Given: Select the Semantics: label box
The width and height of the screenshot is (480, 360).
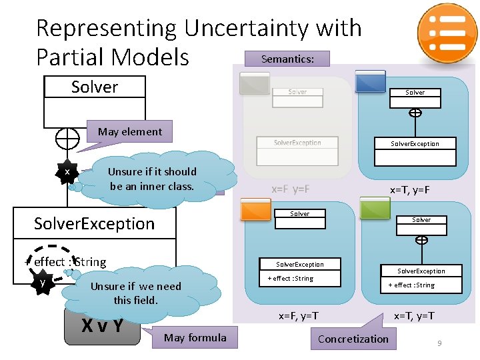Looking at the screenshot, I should [287, 59].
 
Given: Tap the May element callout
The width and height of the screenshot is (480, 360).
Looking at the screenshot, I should [129, 131].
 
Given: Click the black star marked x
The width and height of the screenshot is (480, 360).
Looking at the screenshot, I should [67, 173].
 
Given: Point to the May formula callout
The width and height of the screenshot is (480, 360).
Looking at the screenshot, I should [195, 337].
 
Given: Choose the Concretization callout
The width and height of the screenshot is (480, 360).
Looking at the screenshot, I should [353, 339].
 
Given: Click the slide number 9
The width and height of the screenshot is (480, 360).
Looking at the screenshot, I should [439, 343].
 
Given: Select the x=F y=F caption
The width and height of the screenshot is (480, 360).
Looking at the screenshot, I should [290, 189].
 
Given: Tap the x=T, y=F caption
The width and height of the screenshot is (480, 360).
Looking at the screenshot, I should [409, 191].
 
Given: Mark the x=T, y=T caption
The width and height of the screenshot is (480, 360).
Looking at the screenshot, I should [414, 315].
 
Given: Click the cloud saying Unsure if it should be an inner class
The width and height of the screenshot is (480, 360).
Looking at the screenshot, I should [153, 179].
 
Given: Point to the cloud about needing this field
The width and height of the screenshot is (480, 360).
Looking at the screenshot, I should [135, 293].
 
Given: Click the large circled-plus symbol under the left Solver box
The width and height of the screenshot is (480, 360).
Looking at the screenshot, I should [67, 139].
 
